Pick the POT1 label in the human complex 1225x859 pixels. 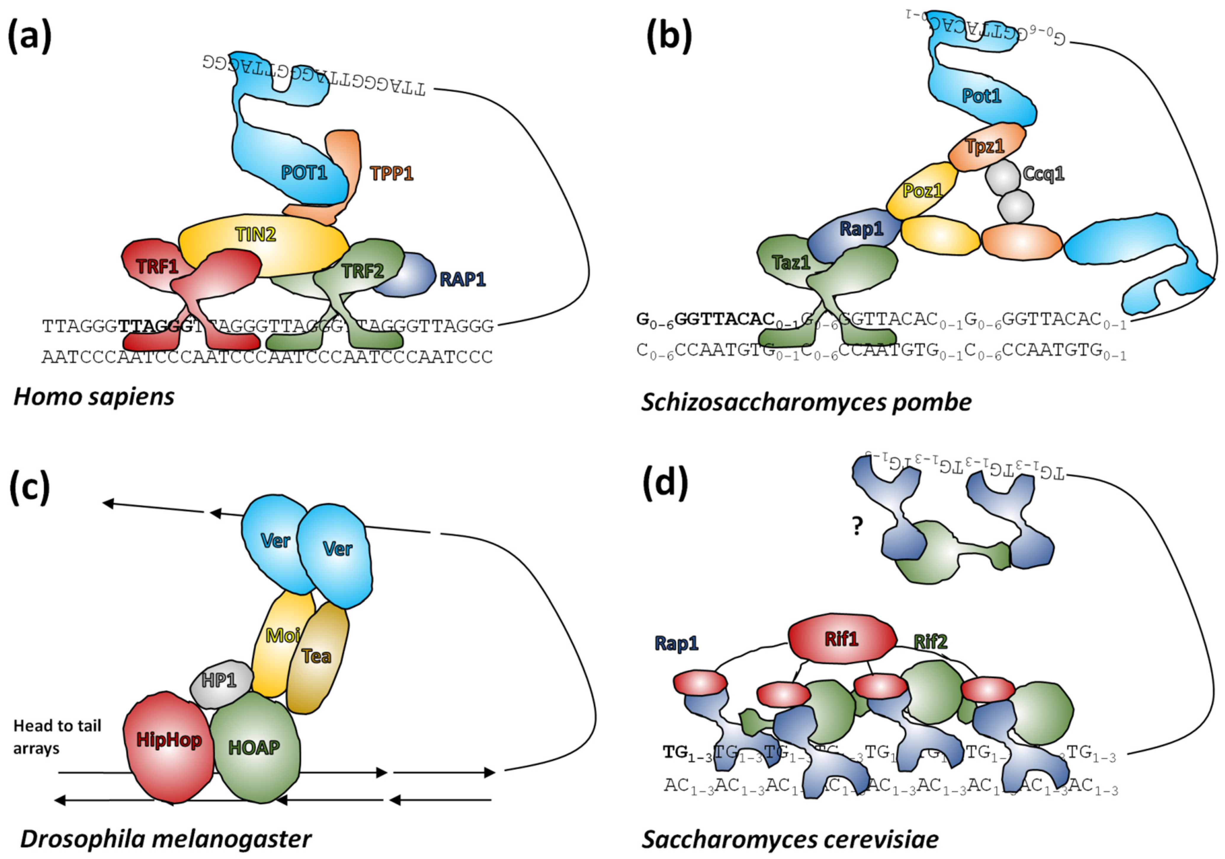[304, 172]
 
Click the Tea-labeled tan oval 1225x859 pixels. [317, 656]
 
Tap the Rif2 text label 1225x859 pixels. [931, 642]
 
